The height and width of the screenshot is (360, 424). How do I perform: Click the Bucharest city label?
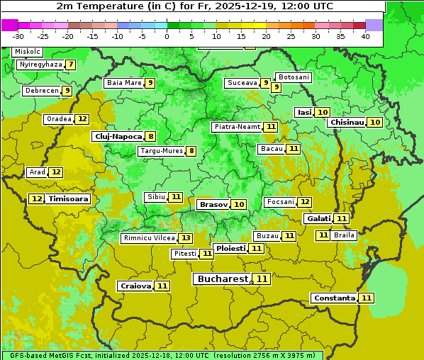point(223,279)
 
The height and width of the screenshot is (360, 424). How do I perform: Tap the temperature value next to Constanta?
point(367,298)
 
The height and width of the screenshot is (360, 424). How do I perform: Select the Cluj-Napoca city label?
point(118,136)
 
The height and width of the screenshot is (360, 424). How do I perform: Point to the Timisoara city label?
point(69,199)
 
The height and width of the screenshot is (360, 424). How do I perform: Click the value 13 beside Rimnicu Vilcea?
point(185,238)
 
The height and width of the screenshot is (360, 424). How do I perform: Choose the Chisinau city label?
point(347,122)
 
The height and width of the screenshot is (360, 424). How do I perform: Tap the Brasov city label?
point(213,204)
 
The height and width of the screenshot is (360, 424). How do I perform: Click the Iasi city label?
point(304,112)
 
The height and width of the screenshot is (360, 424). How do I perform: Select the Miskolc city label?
point(28,52)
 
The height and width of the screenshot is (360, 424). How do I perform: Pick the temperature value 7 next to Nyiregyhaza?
point(70,64)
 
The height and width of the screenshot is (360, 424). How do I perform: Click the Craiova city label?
point(135,286)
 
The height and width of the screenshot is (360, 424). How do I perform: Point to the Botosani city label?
point(294,77)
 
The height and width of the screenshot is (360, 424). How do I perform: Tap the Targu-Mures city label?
point(162,151)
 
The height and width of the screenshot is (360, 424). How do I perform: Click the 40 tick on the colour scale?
point(365,36)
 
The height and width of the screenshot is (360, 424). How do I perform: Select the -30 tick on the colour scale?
point(18,36)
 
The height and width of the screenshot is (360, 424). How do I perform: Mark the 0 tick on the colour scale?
point(167,36)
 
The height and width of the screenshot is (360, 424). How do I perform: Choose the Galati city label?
point(318,219)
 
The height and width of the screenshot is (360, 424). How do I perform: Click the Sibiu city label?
point(155,197)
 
